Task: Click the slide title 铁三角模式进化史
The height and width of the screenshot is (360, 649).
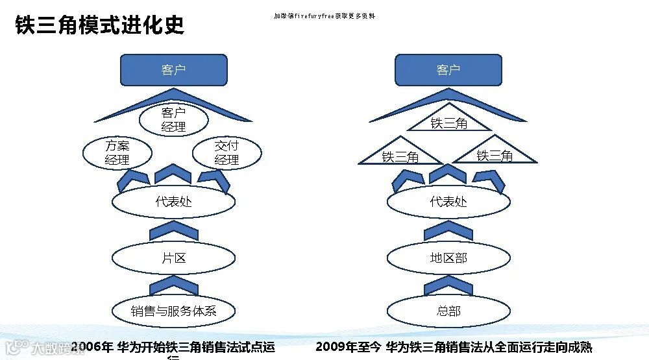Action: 99,25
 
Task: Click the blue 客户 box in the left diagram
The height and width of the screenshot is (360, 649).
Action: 173,70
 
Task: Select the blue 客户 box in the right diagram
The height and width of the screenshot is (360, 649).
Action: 448,70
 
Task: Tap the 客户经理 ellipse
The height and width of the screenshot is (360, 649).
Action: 173,120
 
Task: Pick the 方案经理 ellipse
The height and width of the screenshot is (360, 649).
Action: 117,153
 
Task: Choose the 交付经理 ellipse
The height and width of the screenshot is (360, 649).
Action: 227,153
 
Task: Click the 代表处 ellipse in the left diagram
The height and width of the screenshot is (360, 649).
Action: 173,202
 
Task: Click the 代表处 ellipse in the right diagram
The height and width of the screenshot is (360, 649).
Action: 448,202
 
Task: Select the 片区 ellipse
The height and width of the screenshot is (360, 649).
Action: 173,258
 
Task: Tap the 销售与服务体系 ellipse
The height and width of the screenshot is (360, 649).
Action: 173,311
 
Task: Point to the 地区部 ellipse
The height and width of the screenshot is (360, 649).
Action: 448,258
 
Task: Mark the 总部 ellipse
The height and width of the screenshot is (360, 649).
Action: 448,311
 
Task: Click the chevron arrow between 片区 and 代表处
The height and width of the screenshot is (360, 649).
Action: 173,231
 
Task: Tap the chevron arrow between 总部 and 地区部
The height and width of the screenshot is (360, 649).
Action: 448,285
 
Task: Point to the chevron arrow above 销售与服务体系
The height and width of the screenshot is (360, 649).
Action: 173,285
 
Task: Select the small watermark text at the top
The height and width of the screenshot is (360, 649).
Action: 324,16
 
